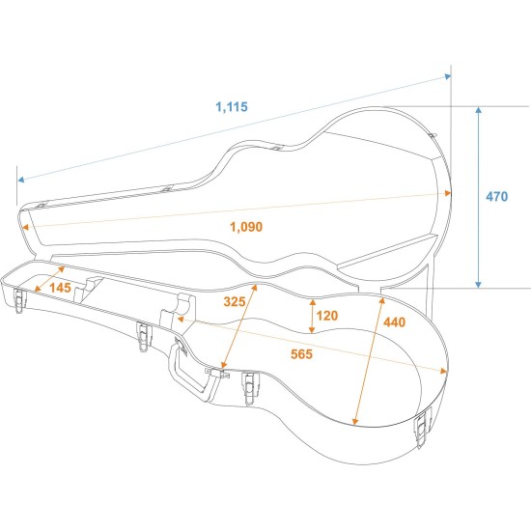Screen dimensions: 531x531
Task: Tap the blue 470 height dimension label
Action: coord(496,197)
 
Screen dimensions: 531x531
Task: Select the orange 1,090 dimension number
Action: coord(246,226)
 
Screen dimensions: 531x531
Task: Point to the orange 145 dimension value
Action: coord(60,288)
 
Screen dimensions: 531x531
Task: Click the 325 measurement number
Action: coord(234,301)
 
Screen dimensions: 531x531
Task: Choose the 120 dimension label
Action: coord(326,316)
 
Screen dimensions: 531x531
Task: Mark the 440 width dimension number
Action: coord(394,322)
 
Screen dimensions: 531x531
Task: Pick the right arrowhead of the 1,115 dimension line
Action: coord(449,74)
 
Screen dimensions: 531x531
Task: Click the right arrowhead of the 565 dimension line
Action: coord(447,369)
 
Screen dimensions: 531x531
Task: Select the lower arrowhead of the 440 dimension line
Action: coord(356,421)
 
